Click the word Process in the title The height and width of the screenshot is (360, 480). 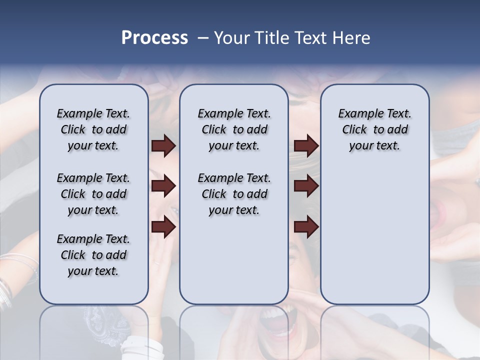154,38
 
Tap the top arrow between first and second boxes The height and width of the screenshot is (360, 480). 163,146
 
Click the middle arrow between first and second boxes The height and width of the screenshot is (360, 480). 163,186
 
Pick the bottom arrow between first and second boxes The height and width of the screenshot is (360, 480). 163,227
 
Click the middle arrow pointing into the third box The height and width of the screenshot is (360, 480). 306,186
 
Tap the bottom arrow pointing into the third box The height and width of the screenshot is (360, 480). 306,227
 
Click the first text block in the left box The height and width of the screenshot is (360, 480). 93,129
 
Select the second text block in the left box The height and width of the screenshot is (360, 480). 93,194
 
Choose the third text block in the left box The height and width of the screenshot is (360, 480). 93,255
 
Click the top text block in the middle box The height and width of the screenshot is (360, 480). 234,129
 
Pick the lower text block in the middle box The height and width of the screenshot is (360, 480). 234,194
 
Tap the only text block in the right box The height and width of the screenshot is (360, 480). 374,129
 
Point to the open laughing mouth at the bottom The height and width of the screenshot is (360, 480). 274,320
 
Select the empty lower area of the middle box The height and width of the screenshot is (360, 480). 234,265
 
